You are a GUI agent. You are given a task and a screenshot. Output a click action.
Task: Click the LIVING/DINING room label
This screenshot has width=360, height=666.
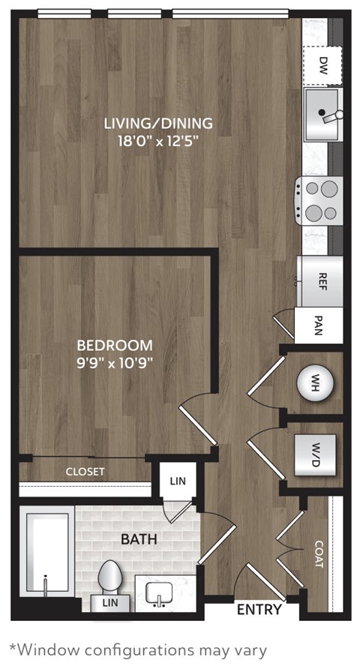pyautogui.click(x=158, y=123)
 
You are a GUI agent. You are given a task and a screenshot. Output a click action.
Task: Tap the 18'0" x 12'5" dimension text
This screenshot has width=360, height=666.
pyautogui.click(x=158, y=140)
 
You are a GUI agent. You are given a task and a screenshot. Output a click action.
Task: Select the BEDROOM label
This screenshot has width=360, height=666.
pyautogui.click(x=115, y=346)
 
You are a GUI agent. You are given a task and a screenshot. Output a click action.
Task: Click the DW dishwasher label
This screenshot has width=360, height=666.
pyautogui.click(x=323, y=63)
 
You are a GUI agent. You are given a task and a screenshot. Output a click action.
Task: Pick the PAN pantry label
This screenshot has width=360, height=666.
pyautogui.click(x=319, y=327)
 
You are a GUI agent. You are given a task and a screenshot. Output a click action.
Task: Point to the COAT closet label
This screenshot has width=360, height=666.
pyautogui.click(x=318, y=555)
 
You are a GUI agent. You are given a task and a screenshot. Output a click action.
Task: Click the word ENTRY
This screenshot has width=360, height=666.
pyautogui.click(x=259, y=610)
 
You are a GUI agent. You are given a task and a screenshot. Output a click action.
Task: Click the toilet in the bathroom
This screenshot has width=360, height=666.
pyautogui.click(x=109, y=580)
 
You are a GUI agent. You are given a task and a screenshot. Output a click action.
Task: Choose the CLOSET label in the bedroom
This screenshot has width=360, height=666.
pyautogui.click(x=85, y=472)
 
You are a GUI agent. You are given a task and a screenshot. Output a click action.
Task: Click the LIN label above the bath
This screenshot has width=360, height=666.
pyautogui.click(x=177, y=481)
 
